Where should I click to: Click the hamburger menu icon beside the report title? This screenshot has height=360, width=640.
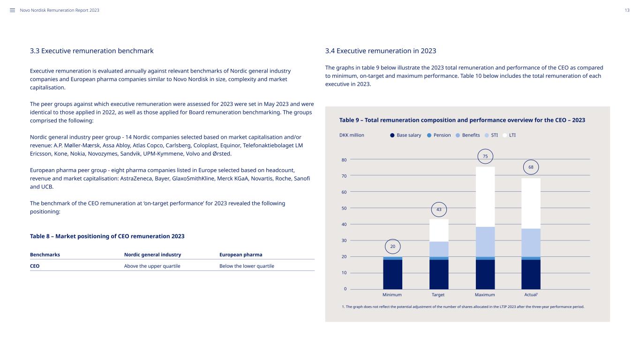click(x=12, y=10)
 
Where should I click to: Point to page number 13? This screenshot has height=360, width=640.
click(x=627, y=10)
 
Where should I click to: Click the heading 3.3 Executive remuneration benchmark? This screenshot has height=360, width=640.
click(x=92, y=51)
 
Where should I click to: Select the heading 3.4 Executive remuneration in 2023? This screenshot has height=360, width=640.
click(x=381, y=51)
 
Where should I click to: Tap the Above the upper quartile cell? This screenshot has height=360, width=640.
click(x=152, y=266)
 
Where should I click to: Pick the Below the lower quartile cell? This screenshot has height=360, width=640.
click(x=247, y=266)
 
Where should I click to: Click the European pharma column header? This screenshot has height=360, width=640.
click(x=241, y=255)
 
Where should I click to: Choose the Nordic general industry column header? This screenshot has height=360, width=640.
click(x=152, y=255)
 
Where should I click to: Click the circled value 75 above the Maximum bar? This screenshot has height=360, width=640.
click(x=485, y=156)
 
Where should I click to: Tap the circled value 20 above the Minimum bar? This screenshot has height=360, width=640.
click(x=392, y=247)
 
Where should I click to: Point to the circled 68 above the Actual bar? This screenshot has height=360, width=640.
click(x=531, y=167)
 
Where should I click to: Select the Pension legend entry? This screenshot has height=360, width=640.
click(x=439, y=135)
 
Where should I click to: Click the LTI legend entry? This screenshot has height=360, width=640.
click(x=509, y=135)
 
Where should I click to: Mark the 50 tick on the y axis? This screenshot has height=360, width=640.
click(x=344, y=208)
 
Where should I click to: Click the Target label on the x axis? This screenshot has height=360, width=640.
click(x=438, y=294)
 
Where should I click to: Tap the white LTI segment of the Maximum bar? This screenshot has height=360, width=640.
click(x=485, y=197)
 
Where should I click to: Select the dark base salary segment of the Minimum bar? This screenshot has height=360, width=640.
click(x=392, y=274)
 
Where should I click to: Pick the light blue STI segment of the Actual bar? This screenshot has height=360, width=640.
click(x=531, y=243)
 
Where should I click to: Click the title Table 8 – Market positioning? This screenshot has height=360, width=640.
click(x=107, y=236)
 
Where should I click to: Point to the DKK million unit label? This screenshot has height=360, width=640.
click(x=352, y=135)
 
